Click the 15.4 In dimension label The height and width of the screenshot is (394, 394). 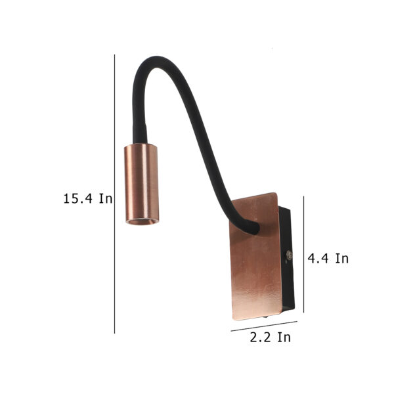(x=88, y=198)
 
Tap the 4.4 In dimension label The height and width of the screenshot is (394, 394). (x=328, y=258)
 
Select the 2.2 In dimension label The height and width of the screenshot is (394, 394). (x=271, y=337)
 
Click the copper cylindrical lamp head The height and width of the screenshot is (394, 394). (x=142, y=184)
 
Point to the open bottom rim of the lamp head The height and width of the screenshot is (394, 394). (x=142, y=221)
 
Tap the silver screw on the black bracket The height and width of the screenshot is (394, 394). (x=289, y=255)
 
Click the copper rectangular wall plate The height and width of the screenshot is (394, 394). (x=255, y=256)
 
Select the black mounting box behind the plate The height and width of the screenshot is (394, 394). (x=286, y=259)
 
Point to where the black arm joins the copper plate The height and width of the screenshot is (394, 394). (x=253, y=227)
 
